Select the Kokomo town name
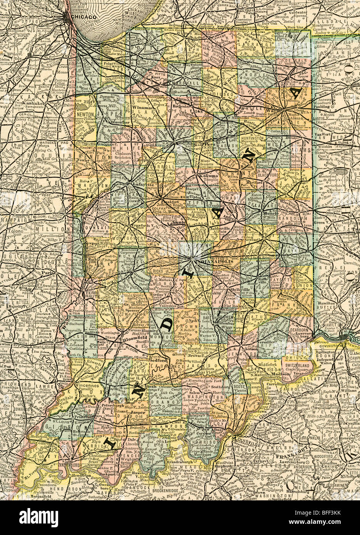[x=207, y=176]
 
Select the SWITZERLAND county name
[x=297, y=365]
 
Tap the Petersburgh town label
[x=112, y=405]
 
